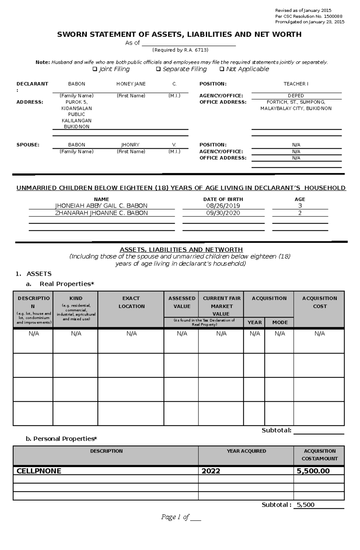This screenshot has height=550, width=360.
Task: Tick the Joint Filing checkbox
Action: tap(95, 69)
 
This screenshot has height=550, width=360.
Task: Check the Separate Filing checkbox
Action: tap(158, 69)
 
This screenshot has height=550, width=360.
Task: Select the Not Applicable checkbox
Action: tap(222, 69)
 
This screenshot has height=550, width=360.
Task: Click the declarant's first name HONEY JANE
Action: tap(131, 84)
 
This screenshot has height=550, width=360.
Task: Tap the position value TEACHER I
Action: tap(296, 84)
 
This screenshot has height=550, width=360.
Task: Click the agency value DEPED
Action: tap(296, 96)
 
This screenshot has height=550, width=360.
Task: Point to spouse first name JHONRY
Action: tap(130, 145)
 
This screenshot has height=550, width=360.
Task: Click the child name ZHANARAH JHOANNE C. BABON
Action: tap(101, 213)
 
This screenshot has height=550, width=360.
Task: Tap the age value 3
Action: tap(300, 206)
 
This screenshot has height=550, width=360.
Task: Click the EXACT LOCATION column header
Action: tap(131, 302)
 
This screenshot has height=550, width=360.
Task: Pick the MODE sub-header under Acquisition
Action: tap(280, 323)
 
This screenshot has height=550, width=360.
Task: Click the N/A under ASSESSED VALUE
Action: tap(182, 334)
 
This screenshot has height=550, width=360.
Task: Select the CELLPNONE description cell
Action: tap(39, 471)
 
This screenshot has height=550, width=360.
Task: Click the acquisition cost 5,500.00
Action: tap(313, 471)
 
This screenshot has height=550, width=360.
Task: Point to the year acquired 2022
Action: tap(211, 471)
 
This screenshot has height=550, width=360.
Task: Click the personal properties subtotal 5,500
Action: tap(305, 505)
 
